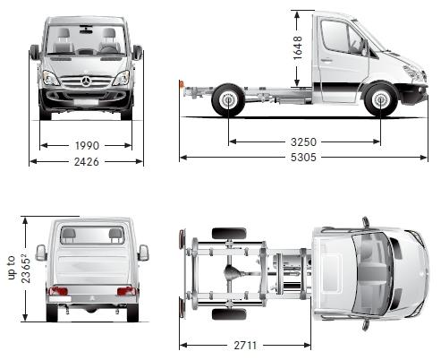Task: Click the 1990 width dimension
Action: point(87,146)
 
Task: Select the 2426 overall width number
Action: point(87,162)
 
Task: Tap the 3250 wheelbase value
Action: point(303,141)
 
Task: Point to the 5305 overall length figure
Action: point(303,158)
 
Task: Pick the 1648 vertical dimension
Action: point(298,47)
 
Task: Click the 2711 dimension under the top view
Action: point(245,346)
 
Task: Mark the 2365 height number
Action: point(26,270)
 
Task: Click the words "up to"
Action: point(12,268)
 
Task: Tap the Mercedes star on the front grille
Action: point(86,81)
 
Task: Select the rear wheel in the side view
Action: point(228,100)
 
